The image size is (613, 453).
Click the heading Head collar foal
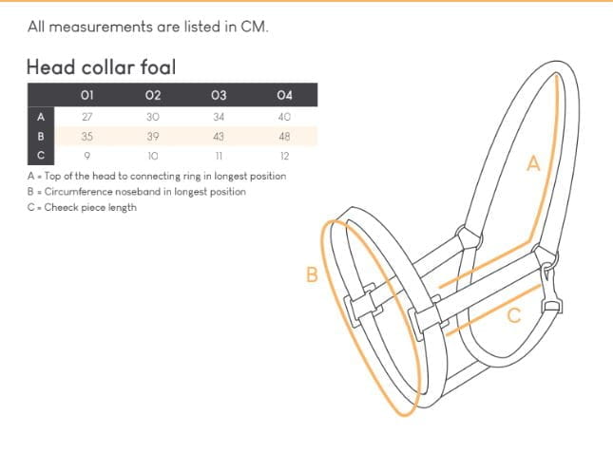[x=101, y=67]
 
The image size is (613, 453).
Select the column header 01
[x=87, y=95]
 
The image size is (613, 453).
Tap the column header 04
[x=284, y=95]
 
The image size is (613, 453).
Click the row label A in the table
[x=40, y=117]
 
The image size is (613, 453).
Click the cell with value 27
[x=87, y=117]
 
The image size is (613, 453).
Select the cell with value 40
[x=284, y=117]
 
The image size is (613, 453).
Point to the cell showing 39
[x=153, y=137]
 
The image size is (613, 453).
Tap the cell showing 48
[x=284, y=137]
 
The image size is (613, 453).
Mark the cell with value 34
[x=219, y=117]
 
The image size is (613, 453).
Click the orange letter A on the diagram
[x=533, y=164]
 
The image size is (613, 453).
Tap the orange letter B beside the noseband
[x=311, y=275]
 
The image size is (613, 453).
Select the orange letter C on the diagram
[x=513, y=316]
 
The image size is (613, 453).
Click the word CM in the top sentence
[x=254, y=27]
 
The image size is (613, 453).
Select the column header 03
[x=219, y=95]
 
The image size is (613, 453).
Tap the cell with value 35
[x=87, y=137]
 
